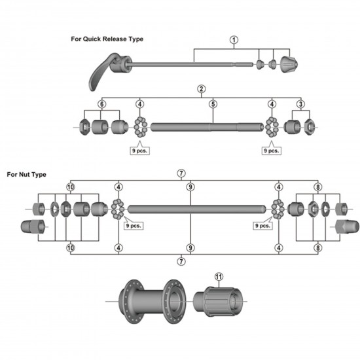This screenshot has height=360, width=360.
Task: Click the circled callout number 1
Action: [234, 40]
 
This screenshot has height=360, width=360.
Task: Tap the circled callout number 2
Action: [202, 89]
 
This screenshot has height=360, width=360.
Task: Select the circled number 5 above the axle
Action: [213, 104]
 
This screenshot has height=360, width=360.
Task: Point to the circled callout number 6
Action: [101, 104]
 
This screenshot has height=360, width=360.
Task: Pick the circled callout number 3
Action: [300, 104]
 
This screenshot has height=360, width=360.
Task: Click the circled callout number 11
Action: [219, 276]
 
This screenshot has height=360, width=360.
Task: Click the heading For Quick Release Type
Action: [107, 39]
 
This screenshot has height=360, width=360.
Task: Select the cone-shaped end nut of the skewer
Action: [288, 65]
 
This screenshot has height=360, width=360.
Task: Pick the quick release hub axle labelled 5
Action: [209, 124]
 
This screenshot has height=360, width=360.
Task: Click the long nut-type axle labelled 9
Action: [196, 209]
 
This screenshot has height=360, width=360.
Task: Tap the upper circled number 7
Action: [181, 173]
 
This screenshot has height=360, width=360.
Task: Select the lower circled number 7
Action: [181, 261]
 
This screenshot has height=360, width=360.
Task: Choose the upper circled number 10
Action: [71, 187]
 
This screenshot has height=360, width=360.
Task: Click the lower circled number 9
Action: [190, 247]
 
